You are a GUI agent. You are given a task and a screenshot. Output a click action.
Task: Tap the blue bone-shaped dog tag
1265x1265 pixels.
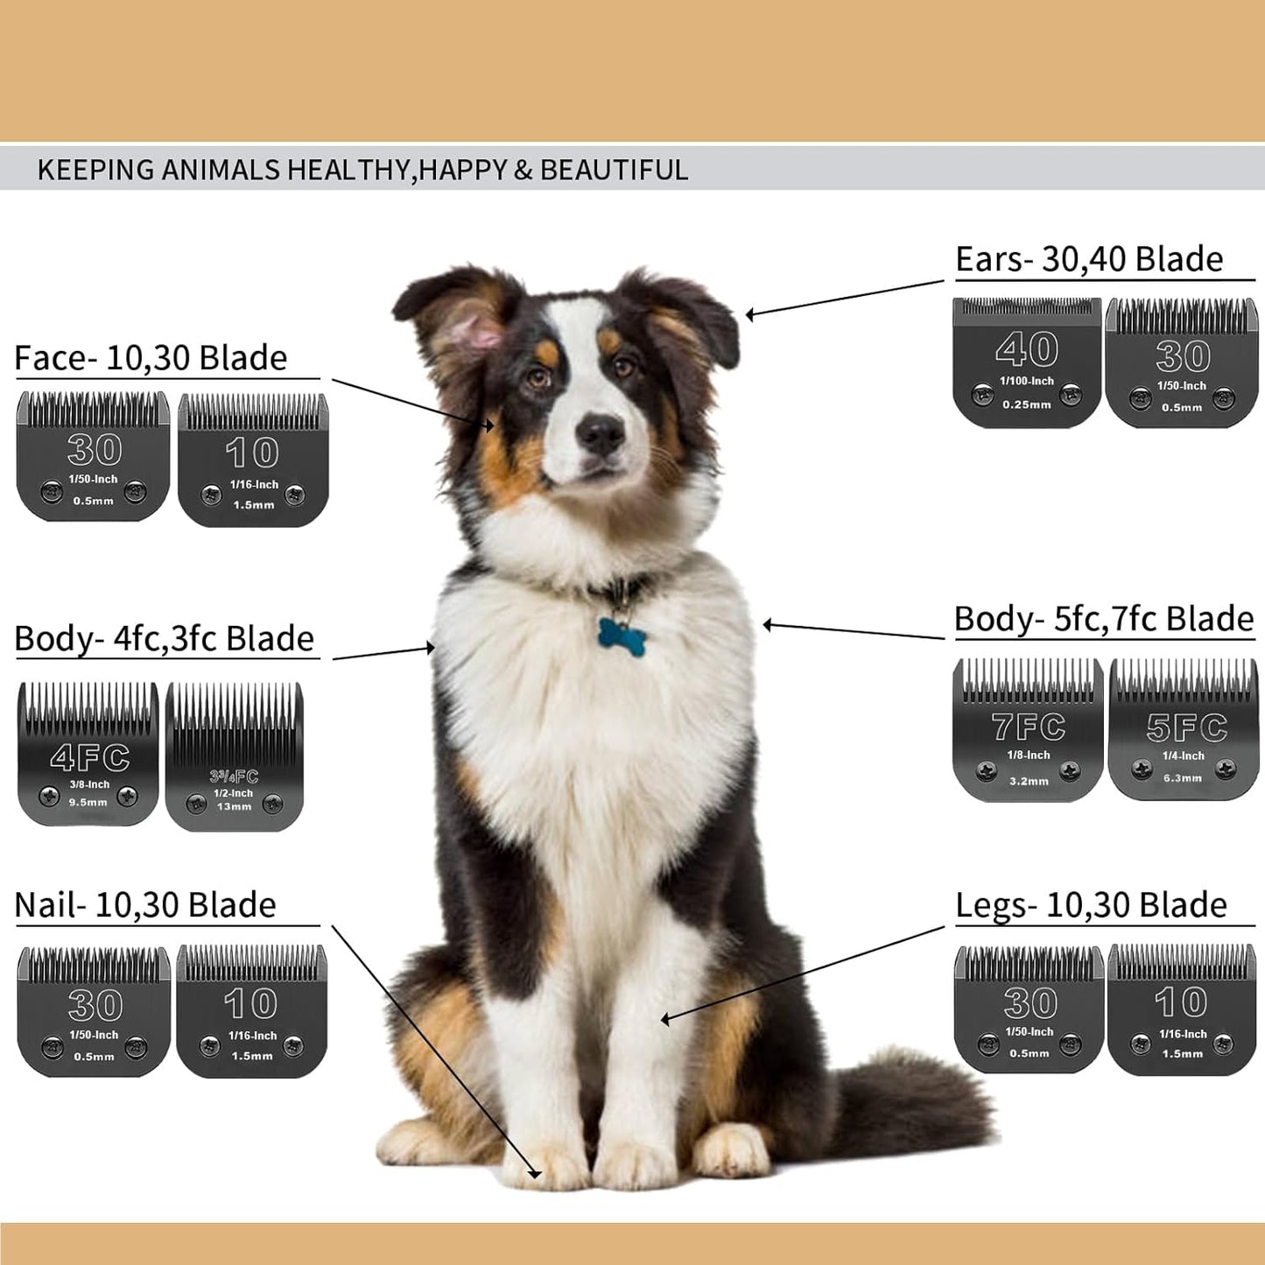pos(622,632)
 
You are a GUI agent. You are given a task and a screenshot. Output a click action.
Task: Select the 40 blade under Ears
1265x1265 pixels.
pos(1026,362)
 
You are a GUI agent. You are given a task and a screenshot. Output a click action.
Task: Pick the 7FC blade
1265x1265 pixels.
pos(1028,730)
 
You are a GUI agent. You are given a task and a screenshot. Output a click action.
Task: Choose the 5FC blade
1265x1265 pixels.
pos(1184,730)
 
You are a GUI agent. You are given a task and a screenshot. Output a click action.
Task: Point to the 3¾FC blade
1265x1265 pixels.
pos(235,758)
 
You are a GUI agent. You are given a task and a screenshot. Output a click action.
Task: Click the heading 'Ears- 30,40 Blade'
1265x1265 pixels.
pos(1089,259)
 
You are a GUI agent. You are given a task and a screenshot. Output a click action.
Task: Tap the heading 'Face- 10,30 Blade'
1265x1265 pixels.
pos(151,358)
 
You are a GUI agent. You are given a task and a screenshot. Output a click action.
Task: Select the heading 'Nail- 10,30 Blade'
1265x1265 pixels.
pos(145,905)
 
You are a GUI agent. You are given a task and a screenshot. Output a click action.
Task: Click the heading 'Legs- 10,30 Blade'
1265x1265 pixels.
pos(1091,905)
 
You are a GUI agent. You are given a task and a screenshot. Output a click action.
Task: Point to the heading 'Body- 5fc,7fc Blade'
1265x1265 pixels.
pos(1103,619)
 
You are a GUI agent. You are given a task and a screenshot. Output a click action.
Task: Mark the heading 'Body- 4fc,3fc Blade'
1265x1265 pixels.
pos(164,639)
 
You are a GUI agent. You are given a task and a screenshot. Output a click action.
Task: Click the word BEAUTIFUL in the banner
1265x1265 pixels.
pos(614,170)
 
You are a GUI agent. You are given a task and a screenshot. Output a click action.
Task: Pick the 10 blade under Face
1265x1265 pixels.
pos(253,460)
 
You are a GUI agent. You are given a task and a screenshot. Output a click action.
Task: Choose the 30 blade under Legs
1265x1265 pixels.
pos(1029,1008)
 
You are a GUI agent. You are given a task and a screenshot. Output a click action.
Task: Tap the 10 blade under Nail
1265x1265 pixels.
pos(251,1011)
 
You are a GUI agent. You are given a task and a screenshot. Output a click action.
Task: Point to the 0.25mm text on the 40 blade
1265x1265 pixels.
pos(1026,404)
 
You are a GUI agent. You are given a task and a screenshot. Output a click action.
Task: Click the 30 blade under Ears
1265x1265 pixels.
pos(1182,362)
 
